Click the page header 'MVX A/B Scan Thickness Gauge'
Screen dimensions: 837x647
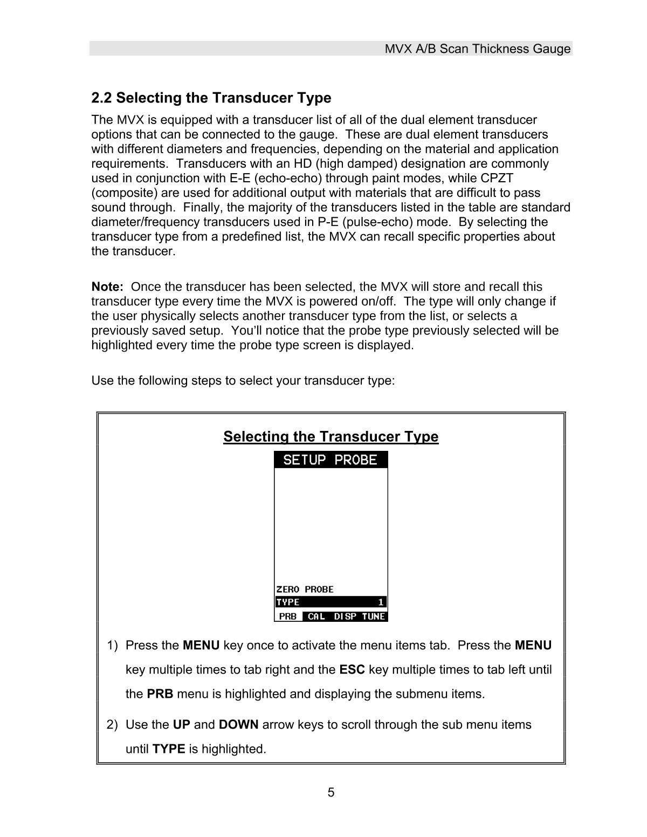coord(477,49)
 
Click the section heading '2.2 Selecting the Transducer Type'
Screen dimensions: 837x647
coord(211,98)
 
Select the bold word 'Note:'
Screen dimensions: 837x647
coord(108,287)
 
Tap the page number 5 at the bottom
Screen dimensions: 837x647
coord(331,792)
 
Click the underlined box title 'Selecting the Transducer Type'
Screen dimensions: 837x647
coord(331,436)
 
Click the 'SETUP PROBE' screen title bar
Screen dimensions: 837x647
coord(331,460)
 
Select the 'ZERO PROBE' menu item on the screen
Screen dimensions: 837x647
coord(305,589)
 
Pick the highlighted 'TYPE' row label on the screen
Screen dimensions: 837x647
coord(288,602)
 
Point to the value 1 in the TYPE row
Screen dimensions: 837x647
coord(381,602)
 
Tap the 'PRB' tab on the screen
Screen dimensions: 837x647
coord(288,616)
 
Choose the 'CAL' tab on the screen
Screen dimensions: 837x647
coord(316,616)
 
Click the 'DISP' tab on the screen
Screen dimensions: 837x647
coord(345,616)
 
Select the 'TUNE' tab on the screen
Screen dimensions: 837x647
coord(374,616)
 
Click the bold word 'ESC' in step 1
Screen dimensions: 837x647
coord(352,670)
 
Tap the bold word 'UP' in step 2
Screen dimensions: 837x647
coord(181,724)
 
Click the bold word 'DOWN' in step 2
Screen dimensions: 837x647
coord(238,724)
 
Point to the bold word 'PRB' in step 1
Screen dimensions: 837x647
coord(160,694)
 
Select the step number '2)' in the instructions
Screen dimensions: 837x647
coord(112,724)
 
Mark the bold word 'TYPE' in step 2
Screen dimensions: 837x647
coord(169,749)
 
